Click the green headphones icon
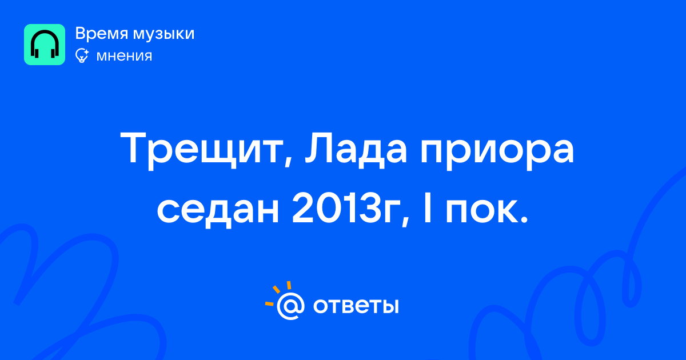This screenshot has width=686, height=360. point(45,45)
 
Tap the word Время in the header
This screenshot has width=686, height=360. point(101,33)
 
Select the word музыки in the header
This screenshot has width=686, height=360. point(164,34)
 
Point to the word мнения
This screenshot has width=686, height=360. point(124,56)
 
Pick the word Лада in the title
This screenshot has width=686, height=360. point(356,149)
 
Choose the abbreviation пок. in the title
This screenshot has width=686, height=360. point(487,211)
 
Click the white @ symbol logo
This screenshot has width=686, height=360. point(290,306)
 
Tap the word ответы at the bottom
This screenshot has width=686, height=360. point(356,306)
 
